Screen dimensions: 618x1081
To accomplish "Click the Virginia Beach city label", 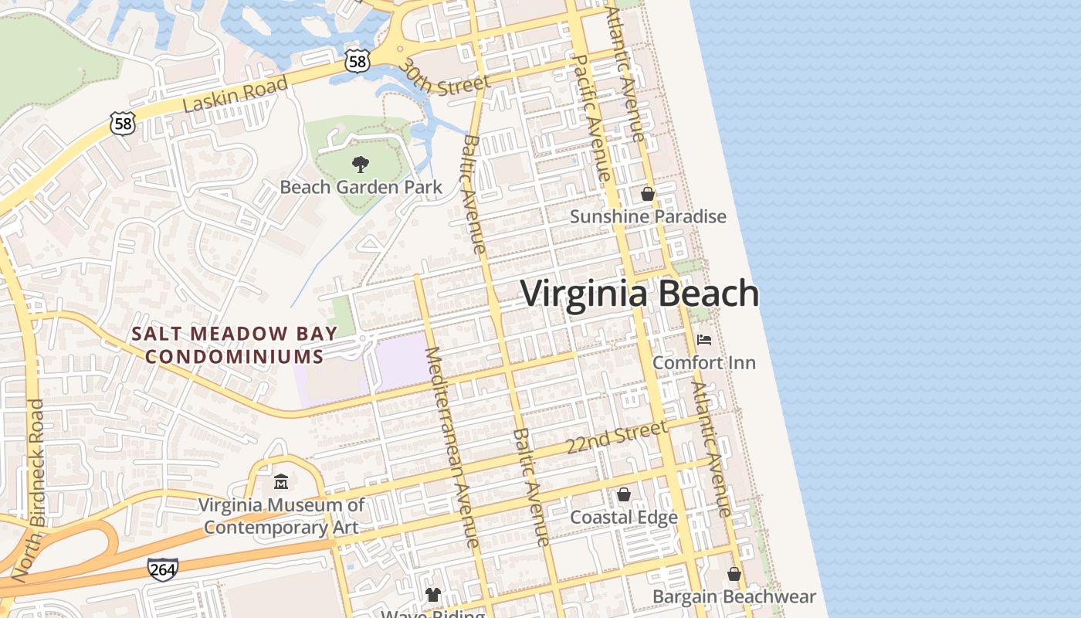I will click(x=639, y=294).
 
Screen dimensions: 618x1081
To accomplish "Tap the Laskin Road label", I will click(x=236, y=95).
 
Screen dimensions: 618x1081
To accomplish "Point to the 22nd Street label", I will click(x=616, y=437).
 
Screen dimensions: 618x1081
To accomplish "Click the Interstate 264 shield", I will click(x=163, y=569).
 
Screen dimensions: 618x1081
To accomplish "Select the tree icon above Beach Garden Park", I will click(x=360, y=164).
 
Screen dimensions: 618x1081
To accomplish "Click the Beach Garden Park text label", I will click(x=361, y=187).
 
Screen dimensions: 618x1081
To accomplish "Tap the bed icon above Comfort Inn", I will click(x=704, y=340).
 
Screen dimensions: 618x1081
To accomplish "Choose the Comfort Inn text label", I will click(x=704, y=362).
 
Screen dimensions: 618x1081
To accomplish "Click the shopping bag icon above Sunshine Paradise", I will click(x=648, y=194).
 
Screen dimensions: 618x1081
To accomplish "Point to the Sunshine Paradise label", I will click(x=648, y=216).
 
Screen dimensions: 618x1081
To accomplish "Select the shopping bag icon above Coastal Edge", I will click(x=624, y=494).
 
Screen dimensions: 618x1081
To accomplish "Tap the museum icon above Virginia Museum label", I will click(x=281, y=482).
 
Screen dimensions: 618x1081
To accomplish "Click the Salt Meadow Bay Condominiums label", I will click(x=235, y=345).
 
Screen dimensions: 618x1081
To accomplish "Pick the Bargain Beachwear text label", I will click(x=734, y=596).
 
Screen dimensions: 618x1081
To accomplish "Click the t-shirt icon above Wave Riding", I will click(x=433, y=594).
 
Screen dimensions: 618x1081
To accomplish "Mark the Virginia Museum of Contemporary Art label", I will click(x=281, y=516).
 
